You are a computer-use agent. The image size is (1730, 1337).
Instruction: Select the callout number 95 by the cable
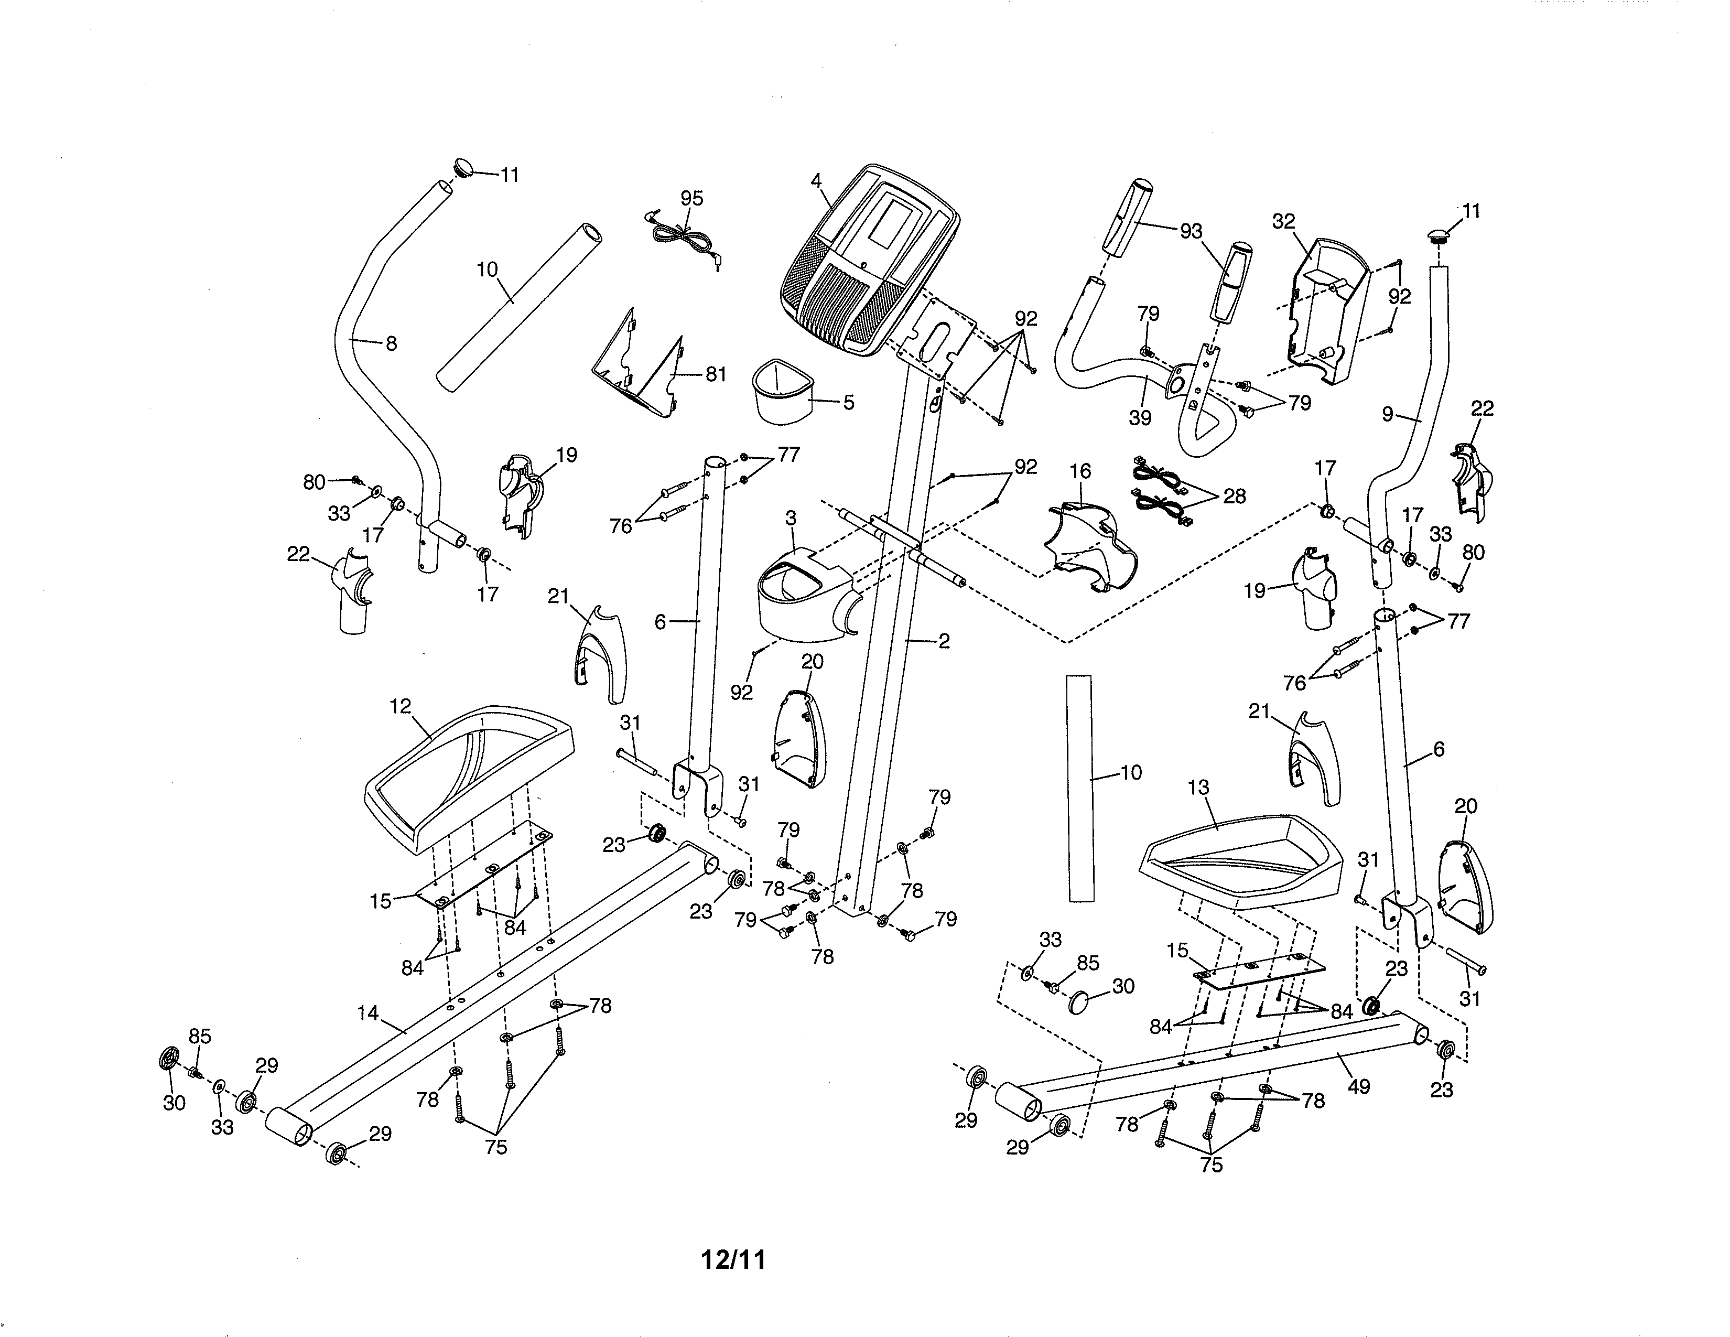pyautogui.click(x=691, y=199)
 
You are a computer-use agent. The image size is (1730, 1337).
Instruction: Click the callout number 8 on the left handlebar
pyautogui.click(x=391, y=344)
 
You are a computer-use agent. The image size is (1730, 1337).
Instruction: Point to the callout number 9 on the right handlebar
pyautogui.click(x=1387, y=414)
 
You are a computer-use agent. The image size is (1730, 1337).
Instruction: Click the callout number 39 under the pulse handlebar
pyautogui.click(x=1140, y=417)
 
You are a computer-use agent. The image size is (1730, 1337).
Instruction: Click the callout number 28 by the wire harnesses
pyautogui.click(x=1234, y=496)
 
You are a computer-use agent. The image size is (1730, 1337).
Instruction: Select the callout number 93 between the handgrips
pyautogui.click(x=1191, y=231)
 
